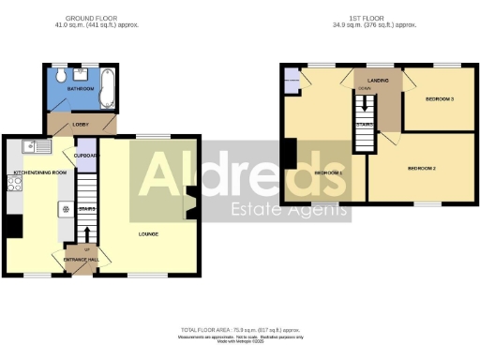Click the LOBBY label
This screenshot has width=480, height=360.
click(x=80, y=124)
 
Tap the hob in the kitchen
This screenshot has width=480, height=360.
click(x=14, y=184)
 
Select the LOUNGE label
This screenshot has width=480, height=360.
click(x=147, y=234)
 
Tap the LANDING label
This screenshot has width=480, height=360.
click(x=378, y=82)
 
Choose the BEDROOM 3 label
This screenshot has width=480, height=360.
click(x=440, y=98)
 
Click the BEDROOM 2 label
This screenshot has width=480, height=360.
click(x=421, y=169)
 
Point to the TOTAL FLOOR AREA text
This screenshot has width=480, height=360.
click(x=240, y=331)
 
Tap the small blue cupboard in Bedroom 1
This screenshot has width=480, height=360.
click(x=292, y=82)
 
